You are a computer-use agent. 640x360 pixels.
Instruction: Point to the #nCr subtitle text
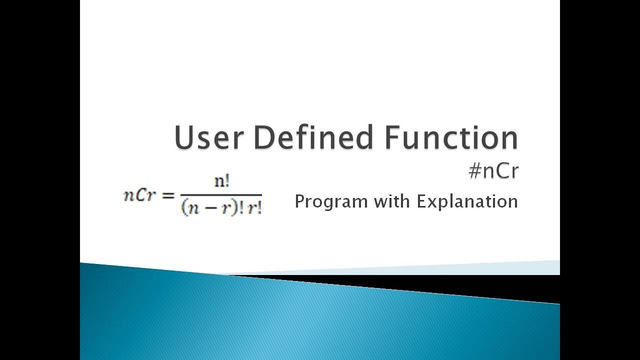[493, 171]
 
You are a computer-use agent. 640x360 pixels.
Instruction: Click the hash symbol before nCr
[475, 171]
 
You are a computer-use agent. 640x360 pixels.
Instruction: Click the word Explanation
[467, 202]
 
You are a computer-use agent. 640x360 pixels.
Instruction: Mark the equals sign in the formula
[166, 195]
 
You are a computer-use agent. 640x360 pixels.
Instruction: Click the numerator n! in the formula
[221, 181]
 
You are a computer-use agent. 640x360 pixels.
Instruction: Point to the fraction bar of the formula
[221, 194]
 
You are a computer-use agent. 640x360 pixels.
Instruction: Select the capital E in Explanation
[421, 201]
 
